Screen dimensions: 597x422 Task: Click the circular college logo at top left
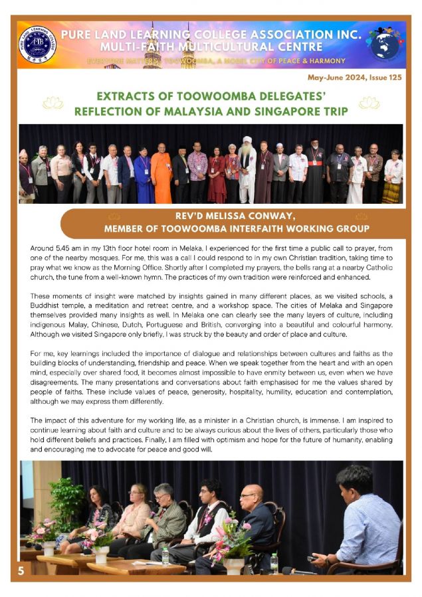point(37,44)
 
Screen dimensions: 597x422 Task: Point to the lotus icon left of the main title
point(52,103)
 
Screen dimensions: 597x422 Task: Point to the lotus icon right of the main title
point(369,103)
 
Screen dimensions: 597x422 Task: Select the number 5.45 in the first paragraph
point(66,248)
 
